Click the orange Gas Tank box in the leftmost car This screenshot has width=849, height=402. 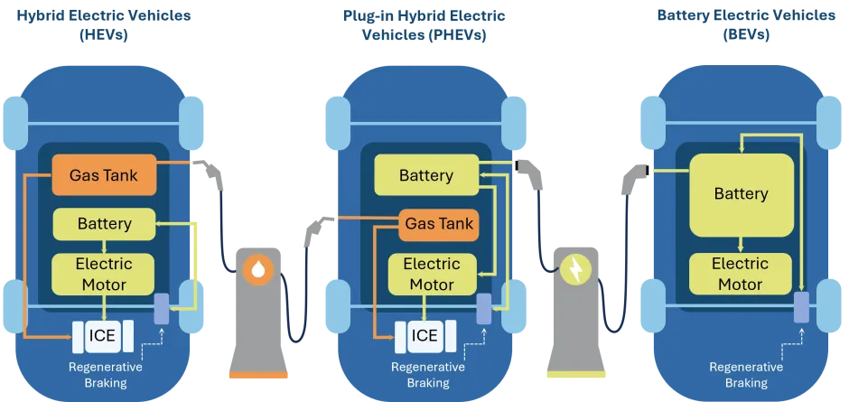[104, 174]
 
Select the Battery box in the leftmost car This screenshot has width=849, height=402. [104, 223]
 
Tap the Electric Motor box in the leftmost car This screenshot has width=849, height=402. [104, 275]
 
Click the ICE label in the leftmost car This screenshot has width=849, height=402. [102, 336]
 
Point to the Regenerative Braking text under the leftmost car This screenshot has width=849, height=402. [105, 375]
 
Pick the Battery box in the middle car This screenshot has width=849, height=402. [425, 174]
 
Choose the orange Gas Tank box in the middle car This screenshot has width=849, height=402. [438, 223]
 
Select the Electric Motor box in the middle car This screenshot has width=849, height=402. [431, 275]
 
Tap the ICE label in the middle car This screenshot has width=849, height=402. [424, 336]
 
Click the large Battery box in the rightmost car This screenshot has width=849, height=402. [741, 194]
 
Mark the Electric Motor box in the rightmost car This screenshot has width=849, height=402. [741, 275]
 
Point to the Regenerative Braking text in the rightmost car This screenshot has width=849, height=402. [745, 375]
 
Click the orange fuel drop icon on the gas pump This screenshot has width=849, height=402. [258, 268]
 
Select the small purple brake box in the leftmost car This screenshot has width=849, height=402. [162, 309]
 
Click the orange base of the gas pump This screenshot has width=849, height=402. [258, 374]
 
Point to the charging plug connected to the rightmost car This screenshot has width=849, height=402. [632, 173]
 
